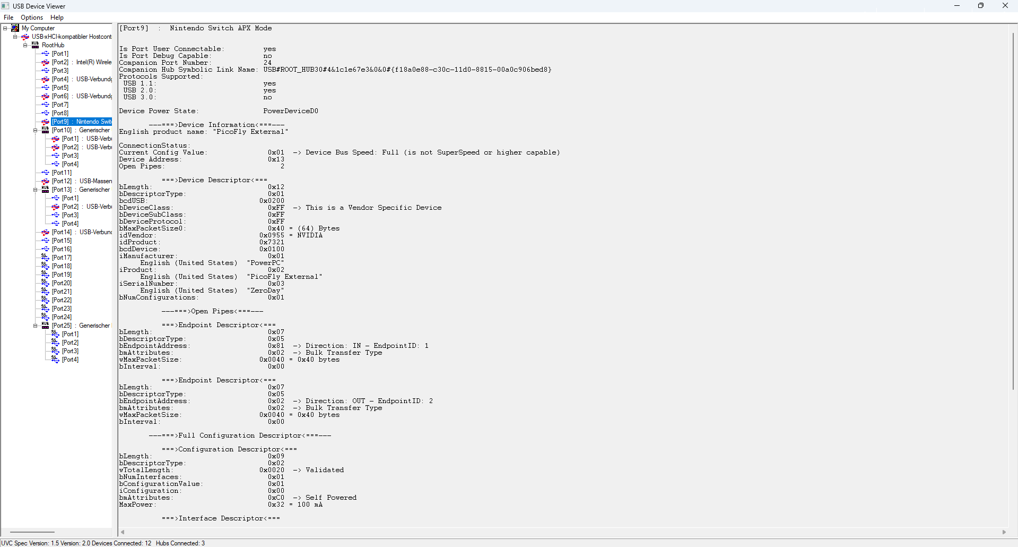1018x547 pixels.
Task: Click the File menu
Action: coord(8,18)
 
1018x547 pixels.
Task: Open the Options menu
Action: coord(32,18)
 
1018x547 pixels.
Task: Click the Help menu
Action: coord(57,18)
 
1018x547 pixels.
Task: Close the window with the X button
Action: coord(1005,6)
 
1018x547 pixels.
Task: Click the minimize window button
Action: coord(957,6)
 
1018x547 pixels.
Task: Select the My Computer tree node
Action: coord(38,28)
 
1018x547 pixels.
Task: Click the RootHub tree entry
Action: coord(53,45)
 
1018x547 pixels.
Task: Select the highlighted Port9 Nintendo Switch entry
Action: coord(82,122)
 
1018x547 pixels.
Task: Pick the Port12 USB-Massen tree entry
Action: coord(82,181)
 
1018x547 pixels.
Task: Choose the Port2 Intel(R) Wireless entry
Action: coord(82,62)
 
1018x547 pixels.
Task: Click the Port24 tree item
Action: coord(62,317)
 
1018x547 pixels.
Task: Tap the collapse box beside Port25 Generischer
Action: coord(36,326)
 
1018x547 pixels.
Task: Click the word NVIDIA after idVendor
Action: coord(310,235)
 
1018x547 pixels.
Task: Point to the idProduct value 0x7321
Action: coord(272,242)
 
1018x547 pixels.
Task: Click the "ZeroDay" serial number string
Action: coord(265,290)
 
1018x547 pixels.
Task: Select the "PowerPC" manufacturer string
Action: coord(265,263)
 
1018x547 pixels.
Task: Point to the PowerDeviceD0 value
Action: coord(291,111)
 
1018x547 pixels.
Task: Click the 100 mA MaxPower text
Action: coord(310,505)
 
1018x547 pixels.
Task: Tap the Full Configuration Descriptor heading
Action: coord(240,435)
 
